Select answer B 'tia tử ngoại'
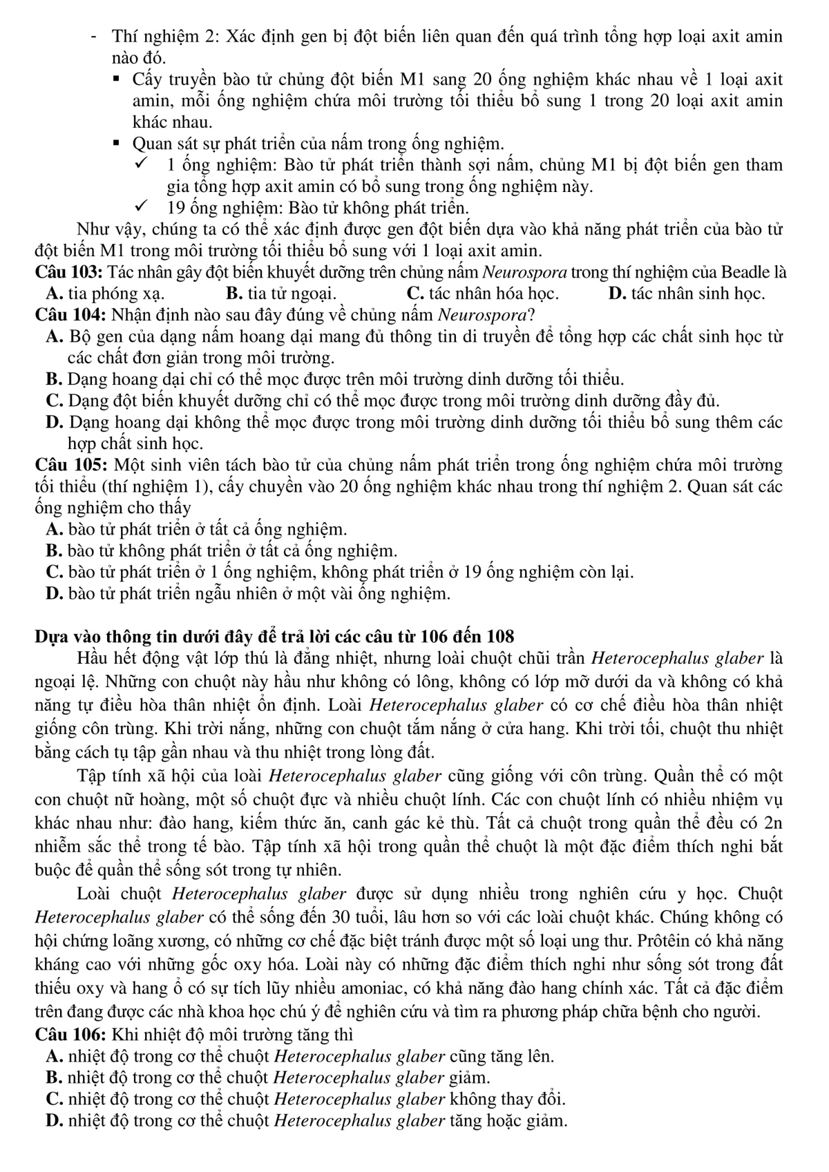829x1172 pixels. [x=281, y=294]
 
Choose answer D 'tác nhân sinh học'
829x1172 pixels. [x=687, y=294]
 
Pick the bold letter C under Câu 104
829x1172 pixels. [x=54, y=401]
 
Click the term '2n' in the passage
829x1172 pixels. [x=772, y=823]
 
